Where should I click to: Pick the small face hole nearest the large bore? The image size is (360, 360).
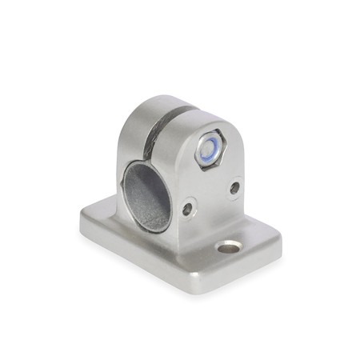(186, 209)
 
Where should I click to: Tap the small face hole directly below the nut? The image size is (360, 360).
(234, 188)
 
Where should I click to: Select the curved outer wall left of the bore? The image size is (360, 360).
(128, 176)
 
